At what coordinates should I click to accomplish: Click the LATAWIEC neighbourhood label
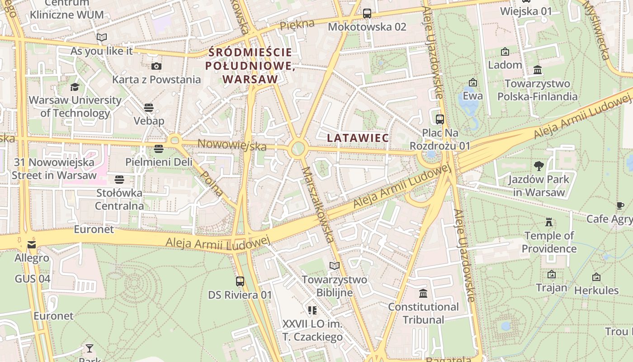pyautogui.click(x=358, y=138)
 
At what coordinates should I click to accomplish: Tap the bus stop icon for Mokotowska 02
pyautogui.click(x=367, y=14)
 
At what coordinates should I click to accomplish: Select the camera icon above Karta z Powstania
pyautogui.click(x=156, y=67)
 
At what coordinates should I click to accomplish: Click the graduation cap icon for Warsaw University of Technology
pyautogui.click(x=75, y=87)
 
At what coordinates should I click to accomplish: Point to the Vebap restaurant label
pyautogui.click(x=149, y=121)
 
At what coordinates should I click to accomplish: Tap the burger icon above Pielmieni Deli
pyautogui.click(x=158, y=148)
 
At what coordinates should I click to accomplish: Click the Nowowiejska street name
pyautogui.click(x=232, y=145)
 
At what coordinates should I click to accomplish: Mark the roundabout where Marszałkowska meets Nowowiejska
pyautogui.click(x=298, y=148)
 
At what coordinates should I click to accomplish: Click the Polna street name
pyautogui.click(x=212, y=183)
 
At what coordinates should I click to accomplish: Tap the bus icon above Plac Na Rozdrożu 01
pyautogui.click(x=439, y=119)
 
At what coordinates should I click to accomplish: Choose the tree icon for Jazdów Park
pyautogui.click(x=539, y=166)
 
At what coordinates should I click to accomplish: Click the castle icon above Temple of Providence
pyautogui.click(x=549, y=222)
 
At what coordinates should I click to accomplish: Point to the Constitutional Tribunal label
pyautogui.click(x=423, y=313)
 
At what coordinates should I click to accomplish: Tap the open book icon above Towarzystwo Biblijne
pyautogui.click(x=334, y=266)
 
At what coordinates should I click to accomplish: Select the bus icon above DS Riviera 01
pyautogui.click(x=240, y=281)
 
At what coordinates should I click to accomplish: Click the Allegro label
pyautogui.click(x=32, y=258)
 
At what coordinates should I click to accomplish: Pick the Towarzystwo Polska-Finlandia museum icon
pyautogui.click(x=538, y=70)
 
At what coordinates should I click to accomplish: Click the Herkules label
pyautogui.click(x=596, y=290)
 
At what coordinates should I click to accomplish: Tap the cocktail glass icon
pyautogui.click(x=90, y=348)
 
